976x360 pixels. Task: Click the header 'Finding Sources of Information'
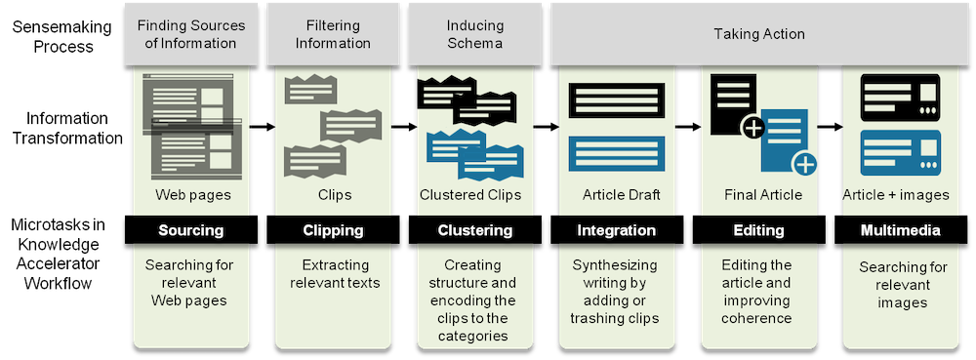pyautogui.click(x=192, y=33)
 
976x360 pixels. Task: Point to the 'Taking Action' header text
pyautogui.click(x=758, y=33)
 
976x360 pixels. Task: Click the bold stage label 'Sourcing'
pyautogui.click(x=192, y=231)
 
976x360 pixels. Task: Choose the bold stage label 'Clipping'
pyautogui.click(x=334, y=231)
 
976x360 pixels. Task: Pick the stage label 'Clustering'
pyautogui.click(x=474, y=231)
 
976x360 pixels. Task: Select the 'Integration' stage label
pyautogui.click(x=616, y=231)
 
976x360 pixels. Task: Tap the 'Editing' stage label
pyautogui.click(x=758, y=231)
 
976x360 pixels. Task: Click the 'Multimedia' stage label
pyautogui.click(x=900, y=231)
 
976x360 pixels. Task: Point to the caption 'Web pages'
pyautogui.click(x=192, y=195)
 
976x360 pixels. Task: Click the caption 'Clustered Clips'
pyautogui.click(x=470, y=195)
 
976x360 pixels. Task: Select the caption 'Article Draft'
pyautogui.click(x=622, y=195)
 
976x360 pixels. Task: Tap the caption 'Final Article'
pyautogui.click(x=763, y=195)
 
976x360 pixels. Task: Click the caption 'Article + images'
pyautogui.click(x=896, y=195)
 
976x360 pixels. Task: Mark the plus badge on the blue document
pyautogui.click(x=804, y=163)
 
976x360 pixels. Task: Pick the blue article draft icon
pyautogui.click(x=616, y=152)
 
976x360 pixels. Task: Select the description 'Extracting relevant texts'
pyautogui.click(x=334, y=274)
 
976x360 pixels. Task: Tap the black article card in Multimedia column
pyautogui.click(x=900, y=97)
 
